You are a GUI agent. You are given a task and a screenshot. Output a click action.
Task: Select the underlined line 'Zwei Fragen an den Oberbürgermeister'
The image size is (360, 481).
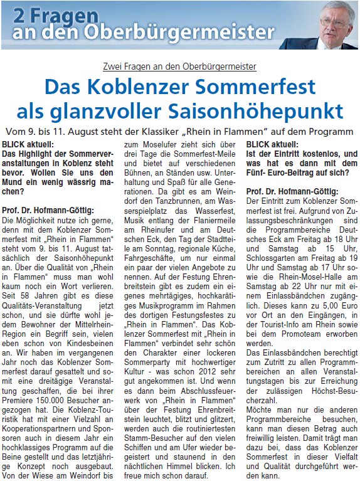pos(179,66)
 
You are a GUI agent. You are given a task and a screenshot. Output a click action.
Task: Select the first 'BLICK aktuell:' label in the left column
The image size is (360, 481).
pos(26,143)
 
